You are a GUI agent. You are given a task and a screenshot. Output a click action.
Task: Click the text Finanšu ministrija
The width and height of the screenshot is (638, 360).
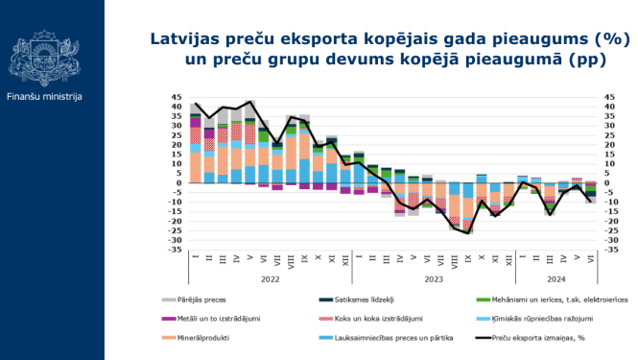pos(44,97)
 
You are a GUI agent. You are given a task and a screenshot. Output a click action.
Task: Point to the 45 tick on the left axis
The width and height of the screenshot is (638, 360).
pos(177,97)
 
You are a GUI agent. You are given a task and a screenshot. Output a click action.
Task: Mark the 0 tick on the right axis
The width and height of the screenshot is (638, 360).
pos(605,182)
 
